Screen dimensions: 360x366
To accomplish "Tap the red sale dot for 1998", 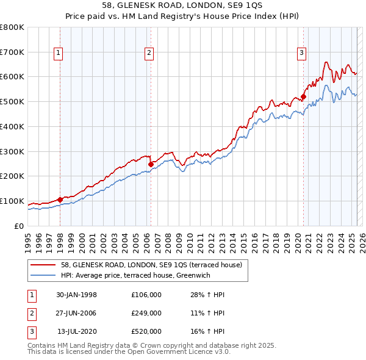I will tap(60, 200).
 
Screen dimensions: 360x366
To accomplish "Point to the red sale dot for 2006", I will tap(151, 164).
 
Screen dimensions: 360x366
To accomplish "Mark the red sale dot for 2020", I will tap(303, 96).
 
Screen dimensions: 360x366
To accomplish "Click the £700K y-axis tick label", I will tap(12, 52).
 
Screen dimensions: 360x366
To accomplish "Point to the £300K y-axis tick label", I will tap(12, 151).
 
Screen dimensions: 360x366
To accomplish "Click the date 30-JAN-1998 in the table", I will tap(76, 295).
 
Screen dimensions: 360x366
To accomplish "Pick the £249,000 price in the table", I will tap(146, 313).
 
